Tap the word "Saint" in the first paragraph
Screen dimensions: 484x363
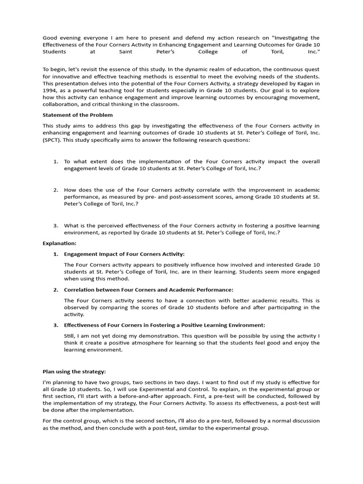(126, 52)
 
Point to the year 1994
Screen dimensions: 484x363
(51, 90)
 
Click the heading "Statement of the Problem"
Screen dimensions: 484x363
(78, 115)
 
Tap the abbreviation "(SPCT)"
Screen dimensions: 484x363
(52, 140)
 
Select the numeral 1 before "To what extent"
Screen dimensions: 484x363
(55, 162)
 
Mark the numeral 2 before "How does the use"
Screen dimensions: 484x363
(55, 190)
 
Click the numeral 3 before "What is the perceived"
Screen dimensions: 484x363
(55, 225)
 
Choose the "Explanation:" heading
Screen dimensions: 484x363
(60, 243)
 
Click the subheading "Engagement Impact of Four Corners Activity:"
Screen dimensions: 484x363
(124, 254)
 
